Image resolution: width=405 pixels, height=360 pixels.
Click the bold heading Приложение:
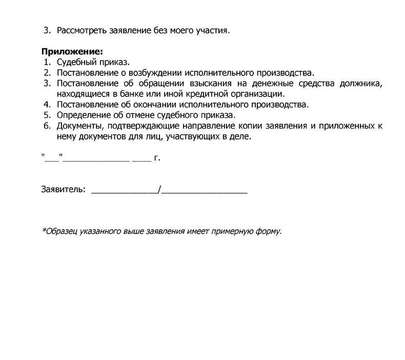(72, 52)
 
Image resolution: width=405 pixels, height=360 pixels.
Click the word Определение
(84, 115)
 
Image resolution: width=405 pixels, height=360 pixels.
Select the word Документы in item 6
(79, 126)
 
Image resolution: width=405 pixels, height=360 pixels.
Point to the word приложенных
(347, 126)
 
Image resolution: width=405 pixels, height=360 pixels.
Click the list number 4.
(46, 105)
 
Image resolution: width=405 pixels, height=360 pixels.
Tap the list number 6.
(46, 126)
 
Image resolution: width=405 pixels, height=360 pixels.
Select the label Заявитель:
(63, 190)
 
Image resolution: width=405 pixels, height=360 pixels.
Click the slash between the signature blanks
(160, 190)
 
